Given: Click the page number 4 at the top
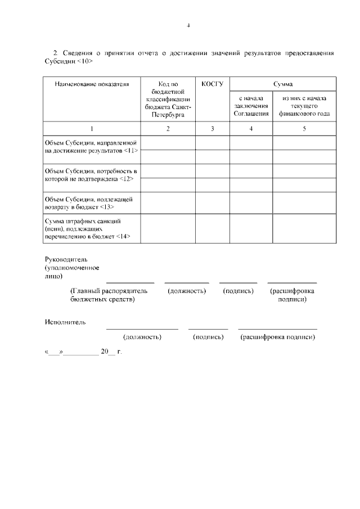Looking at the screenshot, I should pos(189,25).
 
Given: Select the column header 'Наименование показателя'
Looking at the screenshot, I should pos(92,84).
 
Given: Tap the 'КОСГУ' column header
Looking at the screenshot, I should pos(212,84).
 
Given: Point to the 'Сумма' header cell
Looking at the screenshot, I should pos(283,84).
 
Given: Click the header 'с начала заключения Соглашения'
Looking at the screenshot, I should pos(251,106).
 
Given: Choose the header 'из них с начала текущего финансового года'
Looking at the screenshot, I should pos(305,106).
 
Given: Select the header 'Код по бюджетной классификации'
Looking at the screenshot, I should pos(168,99).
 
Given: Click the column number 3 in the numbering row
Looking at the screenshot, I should pos(212,129).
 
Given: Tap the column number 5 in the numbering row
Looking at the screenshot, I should pos(304,129).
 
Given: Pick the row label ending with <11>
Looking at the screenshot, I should pos(91,147).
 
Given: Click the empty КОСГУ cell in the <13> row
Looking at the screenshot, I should pos(212,202).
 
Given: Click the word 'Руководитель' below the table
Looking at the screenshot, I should pos(67,259).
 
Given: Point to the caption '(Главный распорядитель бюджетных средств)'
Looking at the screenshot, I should pos(108,295).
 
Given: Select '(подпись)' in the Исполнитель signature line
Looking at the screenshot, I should pos(208,337).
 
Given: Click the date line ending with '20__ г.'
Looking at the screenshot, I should pos(83,352).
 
